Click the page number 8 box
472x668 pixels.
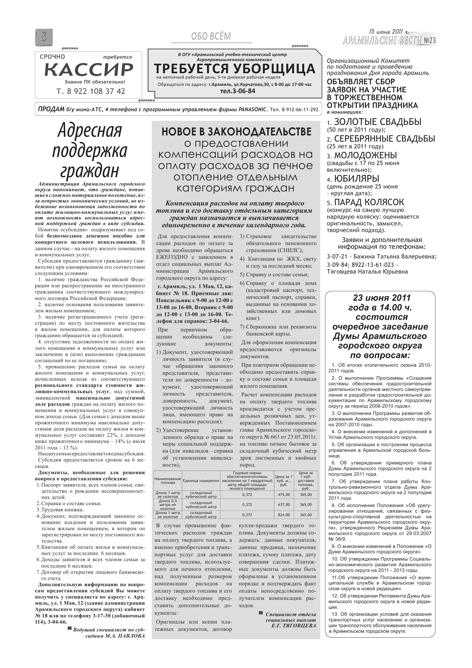tap(44, 37)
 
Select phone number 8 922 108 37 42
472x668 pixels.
tap(91, 91)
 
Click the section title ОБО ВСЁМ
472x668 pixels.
tap(211, 36)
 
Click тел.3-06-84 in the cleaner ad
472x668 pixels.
tap(238, 91)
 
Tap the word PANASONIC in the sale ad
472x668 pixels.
tap(252, 109)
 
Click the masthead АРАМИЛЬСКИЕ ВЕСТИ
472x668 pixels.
tap(382, 41)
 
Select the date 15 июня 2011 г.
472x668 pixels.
tap(389, 32)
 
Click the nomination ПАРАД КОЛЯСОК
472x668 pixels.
tap(369, 202)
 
